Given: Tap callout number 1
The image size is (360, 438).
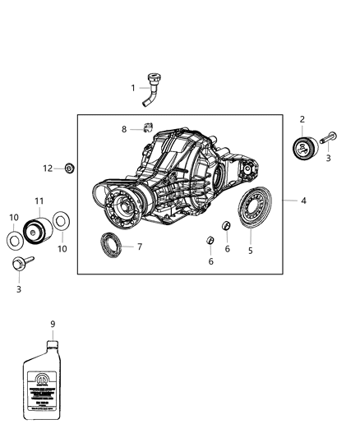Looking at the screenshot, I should click(132, 87).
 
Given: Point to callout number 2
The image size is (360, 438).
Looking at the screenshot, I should click(302, 120).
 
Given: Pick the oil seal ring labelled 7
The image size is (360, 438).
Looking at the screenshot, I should click(108, 245).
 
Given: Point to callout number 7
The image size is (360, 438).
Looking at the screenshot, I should click(140, 247).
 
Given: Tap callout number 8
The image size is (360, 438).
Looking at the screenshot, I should click(124, 129).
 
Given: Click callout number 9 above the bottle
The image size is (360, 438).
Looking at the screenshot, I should click(53, 324).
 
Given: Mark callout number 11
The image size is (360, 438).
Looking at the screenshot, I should click(39, 201).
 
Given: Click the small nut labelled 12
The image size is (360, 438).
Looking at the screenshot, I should click(70, 168).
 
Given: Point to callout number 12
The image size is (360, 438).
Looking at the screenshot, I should click(48, 168).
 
